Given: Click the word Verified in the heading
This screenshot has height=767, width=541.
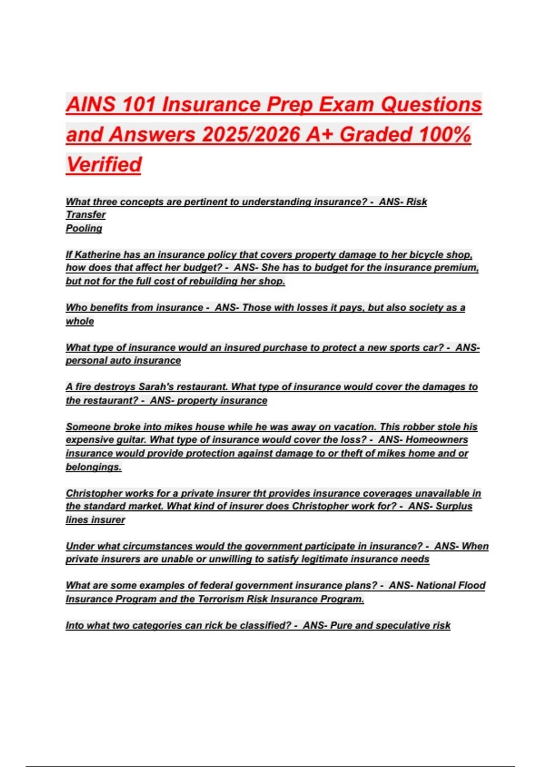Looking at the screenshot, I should click(x=104, y=164).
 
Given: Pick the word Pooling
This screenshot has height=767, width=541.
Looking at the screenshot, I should click(x=84, y=228).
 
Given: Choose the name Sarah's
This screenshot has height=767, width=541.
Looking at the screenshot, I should click(x=156, y=387).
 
